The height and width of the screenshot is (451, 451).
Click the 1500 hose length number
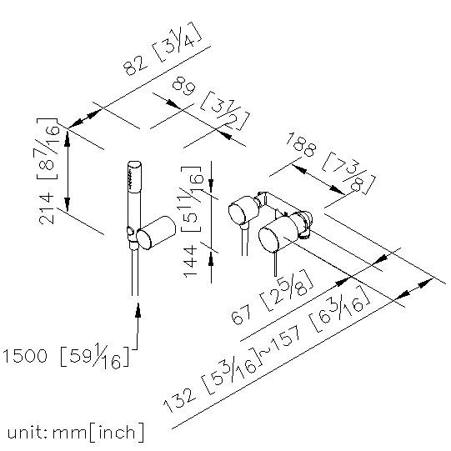(x=25, y=355)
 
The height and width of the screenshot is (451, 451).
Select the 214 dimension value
(x=47, y=208)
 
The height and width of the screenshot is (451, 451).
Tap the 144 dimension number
(x=190, y=262)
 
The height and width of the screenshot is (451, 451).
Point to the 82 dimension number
(x=134, y=65)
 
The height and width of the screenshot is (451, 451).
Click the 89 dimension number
(x=184, y=87)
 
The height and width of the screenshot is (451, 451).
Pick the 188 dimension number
(x=301, y=144)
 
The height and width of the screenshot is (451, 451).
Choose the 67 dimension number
(x=241, y=314)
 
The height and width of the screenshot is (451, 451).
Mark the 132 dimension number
(x=180, y=400)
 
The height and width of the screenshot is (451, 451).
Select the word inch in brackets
(x=117, y=433)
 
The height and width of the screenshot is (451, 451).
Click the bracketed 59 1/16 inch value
(x=95, y=356)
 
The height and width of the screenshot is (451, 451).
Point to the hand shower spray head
(x=134, y=176)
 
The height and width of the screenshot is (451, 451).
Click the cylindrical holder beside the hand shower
(x=156, y=233)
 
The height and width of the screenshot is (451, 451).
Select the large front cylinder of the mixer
(x=278, y=235)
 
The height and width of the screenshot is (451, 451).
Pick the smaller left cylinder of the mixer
(x=243, y=209)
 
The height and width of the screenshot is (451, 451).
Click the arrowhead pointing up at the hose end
(x=138, y=310)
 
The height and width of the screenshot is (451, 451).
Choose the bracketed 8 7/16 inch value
(x=48, y=148)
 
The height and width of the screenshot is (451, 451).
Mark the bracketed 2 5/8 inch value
(x=286, y=290)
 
